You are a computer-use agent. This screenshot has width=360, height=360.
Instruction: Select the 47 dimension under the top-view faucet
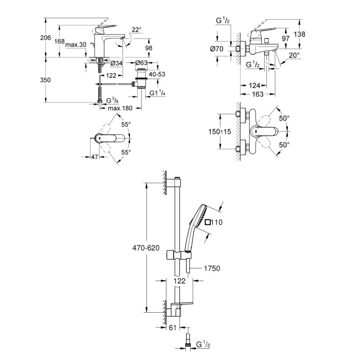point(94,157)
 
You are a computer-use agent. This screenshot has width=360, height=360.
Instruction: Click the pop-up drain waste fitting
point(141,79)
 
